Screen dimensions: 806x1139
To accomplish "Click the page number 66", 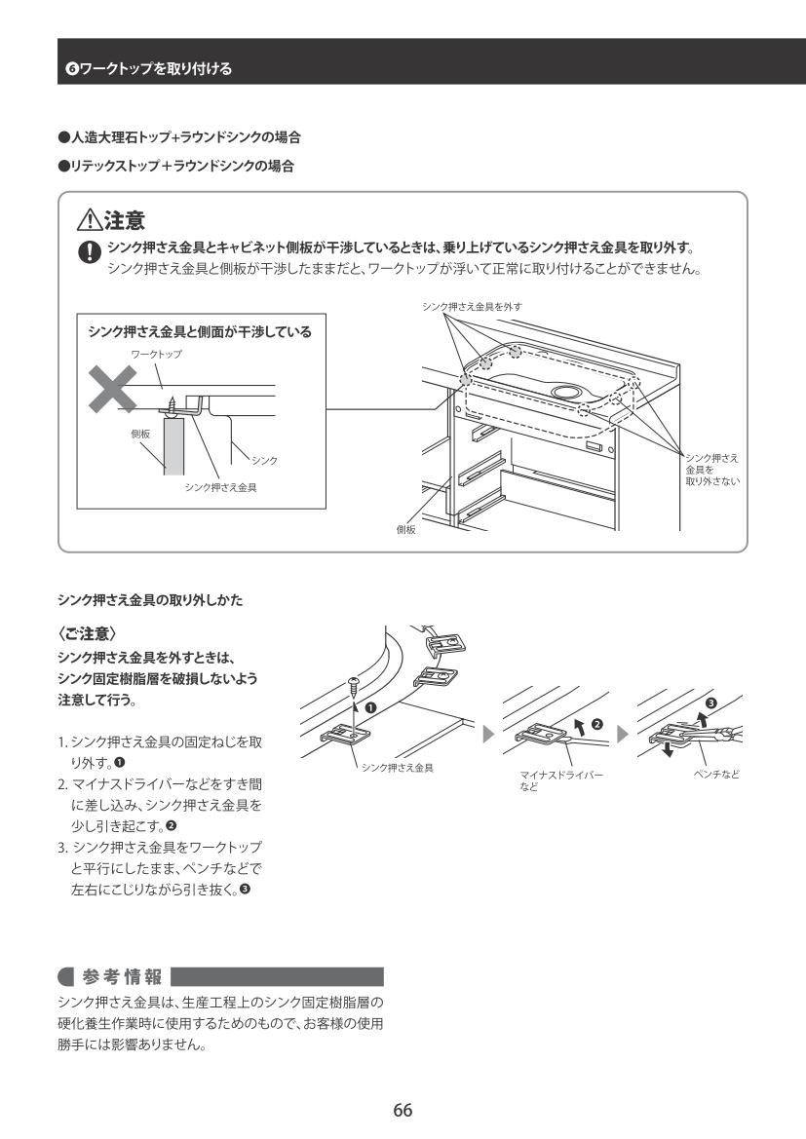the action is point(403,1110).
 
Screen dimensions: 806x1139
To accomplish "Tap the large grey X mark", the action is point(112,389).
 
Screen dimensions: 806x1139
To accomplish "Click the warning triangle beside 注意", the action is point(90,219).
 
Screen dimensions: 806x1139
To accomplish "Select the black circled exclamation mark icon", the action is point(89,251).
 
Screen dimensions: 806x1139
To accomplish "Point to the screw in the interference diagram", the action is point(173,407).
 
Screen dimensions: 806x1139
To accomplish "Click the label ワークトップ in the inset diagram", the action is point(156,354).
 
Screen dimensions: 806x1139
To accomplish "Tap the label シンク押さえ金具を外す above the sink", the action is point(472,307).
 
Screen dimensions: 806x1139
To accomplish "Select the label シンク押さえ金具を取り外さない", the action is point(711,470).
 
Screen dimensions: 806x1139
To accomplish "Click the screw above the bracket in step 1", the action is point(353,684).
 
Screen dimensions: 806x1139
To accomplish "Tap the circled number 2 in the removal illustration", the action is point(597,724).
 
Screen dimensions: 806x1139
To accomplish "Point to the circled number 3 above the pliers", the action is point(710,703).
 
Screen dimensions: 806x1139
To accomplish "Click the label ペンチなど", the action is point(716,775).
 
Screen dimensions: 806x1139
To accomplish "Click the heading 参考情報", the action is point(122,976).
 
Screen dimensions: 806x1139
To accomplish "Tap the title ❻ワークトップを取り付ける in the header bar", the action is point(148,69).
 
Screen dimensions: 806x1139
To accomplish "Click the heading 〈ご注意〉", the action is point(87,633).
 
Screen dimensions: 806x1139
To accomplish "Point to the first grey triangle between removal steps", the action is point(488,735).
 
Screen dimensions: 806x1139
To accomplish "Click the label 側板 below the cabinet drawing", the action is point(405,529).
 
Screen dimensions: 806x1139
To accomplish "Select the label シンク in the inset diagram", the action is point(264,461).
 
